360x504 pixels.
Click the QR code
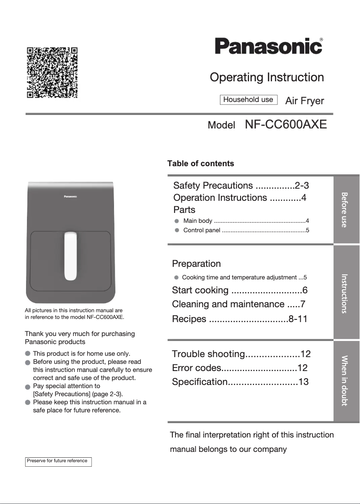[x=52, y=72]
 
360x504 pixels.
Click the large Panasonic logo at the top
[x=268, y=46]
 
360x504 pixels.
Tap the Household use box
[x=248, y=100]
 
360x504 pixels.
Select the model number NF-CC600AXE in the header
[x=285, y=124]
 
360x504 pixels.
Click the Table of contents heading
[x=201, y=164]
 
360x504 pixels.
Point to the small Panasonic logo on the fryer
[x=70, y=196]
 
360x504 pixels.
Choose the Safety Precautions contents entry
[x=241, y=186]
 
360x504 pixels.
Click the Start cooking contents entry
[x=240, y=290]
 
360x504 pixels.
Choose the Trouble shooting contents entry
[x=241, y=354]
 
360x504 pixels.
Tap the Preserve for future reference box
[x=58, y=461]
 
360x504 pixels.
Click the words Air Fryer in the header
[x=304, y=101]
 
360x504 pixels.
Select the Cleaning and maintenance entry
[x=239, y=304]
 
